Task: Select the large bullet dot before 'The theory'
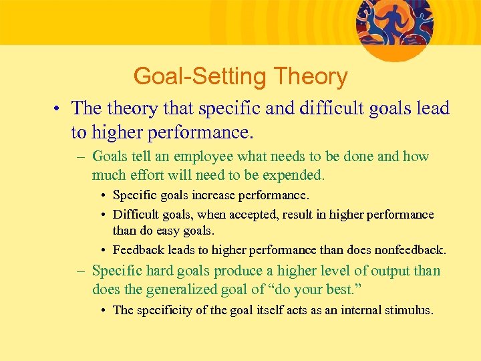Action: point(59,109)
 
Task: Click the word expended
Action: point(293,176)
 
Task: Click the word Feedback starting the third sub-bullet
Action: point(138,250)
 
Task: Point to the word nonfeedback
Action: point(410,250)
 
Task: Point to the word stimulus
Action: point(408,310)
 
